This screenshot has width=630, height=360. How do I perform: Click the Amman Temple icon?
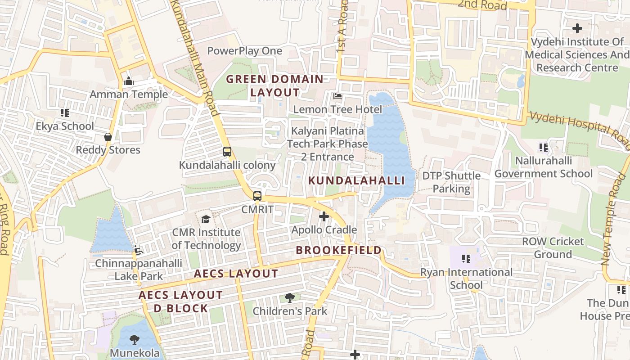[129, 81]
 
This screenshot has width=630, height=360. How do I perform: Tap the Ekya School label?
[65, 126]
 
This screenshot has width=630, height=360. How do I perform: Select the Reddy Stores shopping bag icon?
[108, 137]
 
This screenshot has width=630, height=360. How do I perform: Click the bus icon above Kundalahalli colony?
[227, 152]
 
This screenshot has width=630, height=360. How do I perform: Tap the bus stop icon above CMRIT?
[257, 196]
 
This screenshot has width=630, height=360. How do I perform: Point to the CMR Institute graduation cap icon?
[206, 219]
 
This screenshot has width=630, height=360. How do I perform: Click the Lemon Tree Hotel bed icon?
[337, 96]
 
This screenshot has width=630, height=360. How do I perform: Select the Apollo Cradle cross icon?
[324, 217]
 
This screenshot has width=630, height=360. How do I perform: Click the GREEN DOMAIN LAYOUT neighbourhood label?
[274, 86]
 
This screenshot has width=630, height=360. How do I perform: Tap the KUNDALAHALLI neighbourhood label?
[356, 181]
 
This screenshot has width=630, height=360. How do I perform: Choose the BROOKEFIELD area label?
[338, 251]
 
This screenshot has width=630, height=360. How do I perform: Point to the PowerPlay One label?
[244, 51]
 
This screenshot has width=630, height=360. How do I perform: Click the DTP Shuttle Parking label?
[451, 182]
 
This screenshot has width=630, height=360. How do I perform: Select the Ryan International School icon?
[466, 259]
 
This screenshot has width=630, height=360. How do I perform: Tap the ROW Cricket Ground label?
[553, 248]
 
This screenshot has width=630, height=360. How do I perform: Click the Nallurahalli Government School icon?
[543, 147]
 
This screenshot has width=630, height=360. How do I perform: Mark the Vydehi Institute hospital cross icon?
[577, 28]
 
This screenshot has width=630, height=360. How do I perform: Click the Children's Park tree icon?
[290, 297]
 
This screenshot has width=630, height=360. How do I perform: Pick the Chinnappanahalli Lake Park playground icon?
[139, 249]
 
